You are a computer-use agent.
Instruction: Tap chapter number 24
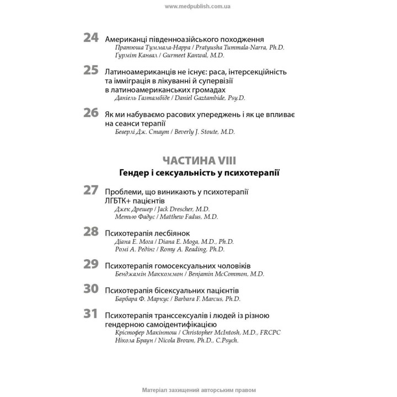point(91,38)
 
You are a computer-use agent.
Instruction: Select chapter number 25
point(91,71)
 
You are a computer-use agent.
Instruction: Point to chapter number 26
point(91,112)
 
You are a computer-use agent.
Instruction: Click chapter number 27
point(91,190)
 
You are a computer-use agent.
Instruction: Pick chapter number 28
point(91,232)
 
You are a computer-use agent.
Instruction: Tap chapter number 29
point(91,264)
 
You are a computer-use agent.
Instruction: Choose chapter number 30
point(91,288)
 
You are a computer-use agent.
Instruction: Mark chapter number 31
point(91,314)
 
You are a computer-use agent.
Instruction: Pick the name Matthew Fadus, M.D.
point(189,217)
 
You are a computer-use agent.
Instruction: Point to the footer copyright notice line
point(198,389)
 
